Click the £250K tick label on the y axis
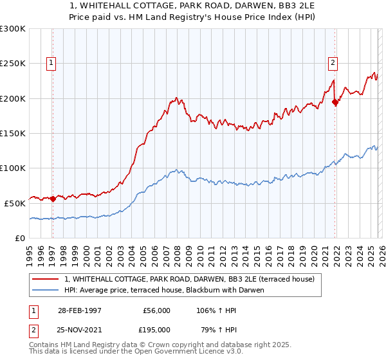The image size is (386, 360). (x=13, y=64)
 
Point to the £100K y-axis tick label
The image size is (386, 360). (x=13, y=168)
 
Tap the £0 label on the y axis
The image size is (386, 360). (x=19, y=238)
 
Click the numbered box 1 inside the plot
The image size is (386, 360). (x=51, y=63)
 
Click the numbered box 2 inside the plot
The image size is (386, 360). (x=333, y=63)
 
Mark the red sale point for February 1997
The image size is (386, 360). (x=53, y=199)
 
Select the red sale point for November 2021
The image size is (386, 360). (x=335, y=102)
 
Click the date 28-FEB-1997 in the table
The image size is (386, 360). (x=79, y=310)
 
